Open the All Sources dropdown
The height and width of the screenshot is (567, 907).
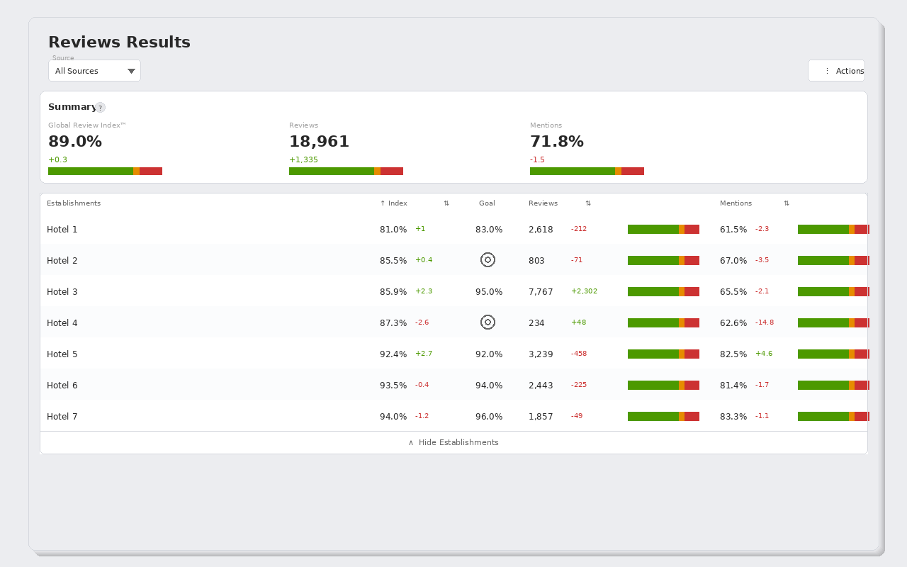click(94, 71)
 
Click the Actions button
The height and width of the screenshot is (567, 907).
click(837, 71)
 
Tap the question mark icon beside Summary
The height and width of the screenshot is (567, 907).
click(101, 108)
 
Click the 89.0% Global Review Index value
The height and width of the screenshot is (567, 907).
click(75, 142)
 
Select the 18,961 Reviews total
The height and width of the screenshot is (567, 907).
click(319, 142)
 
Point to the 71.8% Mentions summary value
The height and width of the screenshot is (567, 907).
click(557, 142)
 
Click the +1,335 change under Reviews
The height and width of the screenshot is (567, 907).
click(304, 160)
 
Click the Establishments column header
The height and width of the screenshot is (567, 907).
click(74, 203)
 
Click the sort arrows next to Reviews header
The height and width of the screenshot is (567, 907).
click(588, 203)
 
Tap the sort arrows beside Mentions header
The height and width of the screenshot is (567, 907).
click(787, 203)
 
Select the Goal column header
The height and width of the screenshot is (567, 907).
click(487, 203)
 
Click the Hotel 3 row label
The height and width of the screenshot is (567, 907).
click(62, 292)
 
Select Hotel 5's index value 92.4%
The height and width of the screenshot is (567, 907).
click(393, 354)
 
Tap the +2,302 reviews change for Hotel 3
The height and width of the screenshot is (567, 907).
click(585, 291)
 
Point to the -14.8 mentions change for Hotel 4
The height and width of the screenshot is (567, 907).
click(765, 322)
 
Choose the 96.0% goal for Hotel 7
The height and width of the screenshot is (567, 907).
click(489, 417)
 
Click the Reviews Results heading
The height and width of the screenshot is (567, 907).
click(120, 42)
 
